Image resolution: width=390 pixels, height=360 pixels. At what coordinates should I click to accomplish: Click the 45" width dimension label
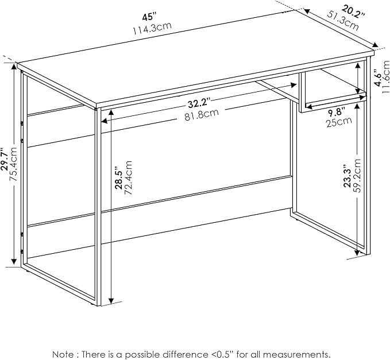(149, 18)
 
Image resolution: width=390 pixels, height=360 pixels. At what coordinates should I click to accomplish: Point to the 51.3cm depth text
(342, 21)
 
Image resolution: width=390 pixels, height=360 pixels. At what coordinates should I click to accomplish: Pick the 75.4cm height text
(13, 164)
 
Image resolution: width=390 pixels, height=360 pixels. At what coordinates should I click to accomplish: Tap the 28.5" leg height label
(119, 178)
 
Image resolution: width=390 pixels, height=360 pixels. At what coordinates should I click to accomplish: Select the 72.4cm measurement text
(128, 177)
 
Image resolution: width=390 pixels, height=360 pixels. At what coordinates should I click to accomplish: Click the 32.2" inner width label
(199, 103)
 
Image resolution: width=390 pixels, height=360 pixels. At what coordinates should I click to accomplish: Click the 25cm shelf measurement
(339, 122)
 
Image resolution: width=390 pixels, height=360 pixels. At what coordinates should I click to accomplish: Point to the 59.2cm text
(356, 176)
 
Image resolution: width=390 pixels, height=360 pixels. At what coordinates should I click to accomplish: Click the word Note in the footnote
(63, 354)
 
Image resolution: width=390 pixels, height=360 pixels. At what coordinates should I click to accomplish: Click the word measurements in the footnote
(293, 354)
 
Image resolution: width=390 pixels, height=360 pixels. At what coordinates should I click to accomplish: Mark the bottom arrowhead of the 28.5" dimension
(111, 301)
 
